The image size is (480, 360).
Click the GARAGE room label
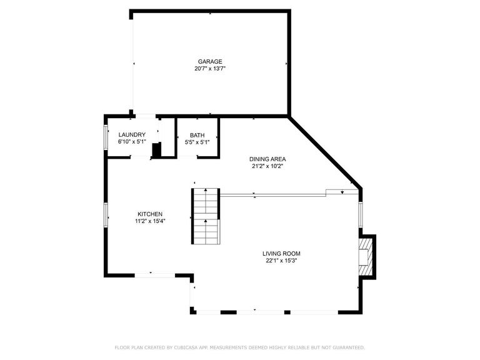(x=210, y=61)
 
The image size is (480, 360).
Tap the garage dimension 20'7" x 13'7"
(x=210, y=69)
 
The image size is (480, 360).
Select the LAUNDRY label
(x=132, y=134)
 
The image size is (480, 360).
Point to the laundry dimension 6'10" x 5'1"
(x=132, y=142)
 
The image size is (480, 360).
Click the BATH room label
(x=197, y=134)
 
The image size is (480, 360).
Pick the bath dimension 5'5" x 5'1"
(x=197, y=142)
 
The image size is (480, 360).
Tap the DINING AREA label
(x=267, y=159)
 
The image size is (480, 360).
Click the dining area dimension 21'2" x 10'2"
(x=267, y=166)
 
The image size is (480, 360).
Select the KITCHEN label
(x=151, y=214)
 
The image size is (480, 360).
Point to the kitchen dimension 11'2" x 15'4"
(x=151, y=221)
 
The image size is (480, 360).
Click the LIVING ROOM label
(x=281, y=254)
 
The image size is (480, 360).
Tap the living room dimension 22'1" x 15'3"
(x=281, y=261)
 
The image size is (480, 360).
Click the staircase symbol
(x=206, y=216)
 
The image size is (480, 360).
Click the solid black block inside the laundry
(x=157, y=151)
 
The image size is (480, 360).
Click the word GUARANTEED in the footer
(x=347, y=347)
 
